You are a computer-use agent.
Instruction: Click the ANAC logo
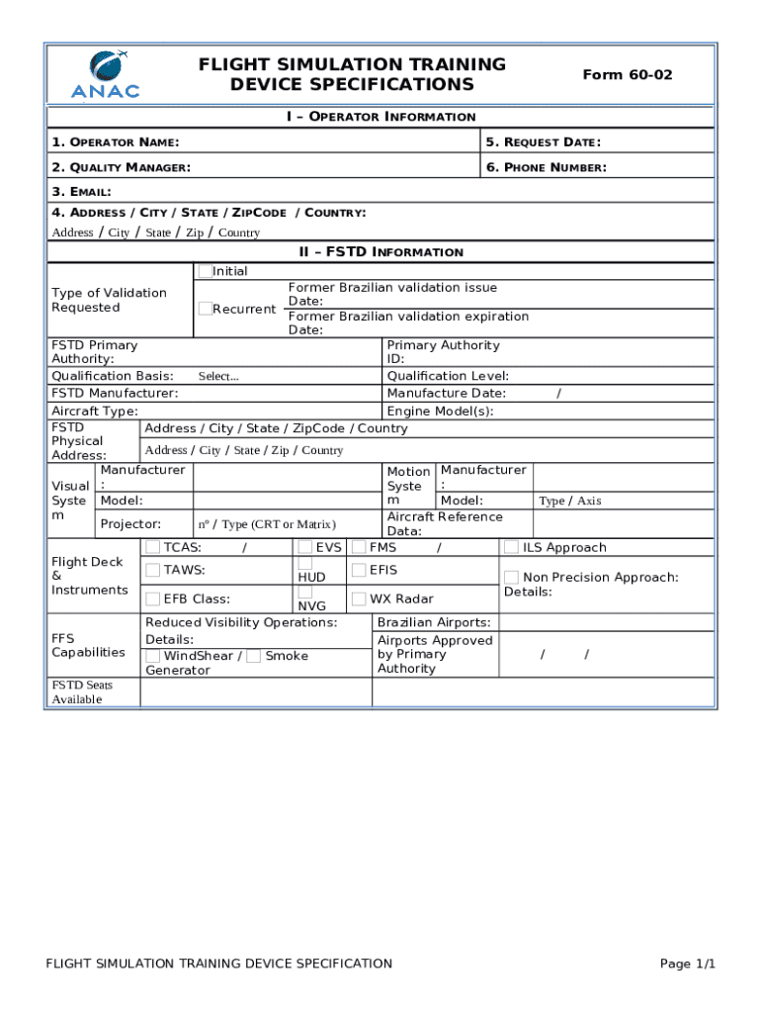(x=105, y=74)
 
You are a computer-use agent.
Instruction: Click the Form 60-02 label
(x=628, y=74)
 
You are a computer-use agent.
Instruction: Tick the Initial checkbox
(x=205, y=271)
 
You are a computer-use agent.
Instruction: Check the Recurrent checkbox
(x=205, y=309)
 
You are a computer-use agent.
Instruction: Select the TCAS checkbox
(x=153, y=547)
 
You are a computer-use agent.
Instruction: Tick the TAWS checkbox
(x=153, y=570)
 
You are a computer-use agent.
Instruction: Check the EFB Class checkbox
(x=153, y=599)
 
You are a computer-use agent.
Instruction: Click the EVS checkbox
(x=305, y=547)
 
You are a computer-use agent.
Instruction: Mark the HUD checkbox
(x=305, y=563)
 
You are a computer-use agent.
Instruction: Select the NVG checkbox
(x=305, y=592)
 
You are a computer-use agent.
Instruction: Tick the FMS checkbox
(x=359, y=547)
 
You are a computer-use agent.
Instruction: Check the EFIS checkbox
(x=359, y=570)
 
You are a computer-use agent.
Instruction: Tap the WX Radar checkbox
(x=359, y=599)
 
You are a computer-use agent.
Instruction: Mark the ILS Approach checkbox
(x=511, y=547)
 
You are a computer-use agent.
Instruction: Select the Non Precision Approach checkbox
(x=511, y=577)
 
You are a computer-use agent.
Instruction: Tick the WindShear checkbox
(x=153, y=656)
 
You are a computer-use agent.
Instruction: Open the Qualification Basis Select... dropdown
(x=218, y=376)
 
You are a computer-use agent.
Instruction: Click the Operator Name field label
(x=115, y=142)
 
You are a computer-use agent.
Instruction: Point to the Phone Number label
(x=546, y=167)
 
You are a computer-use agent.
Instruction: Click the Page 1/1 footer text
(x=687, y=964)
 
